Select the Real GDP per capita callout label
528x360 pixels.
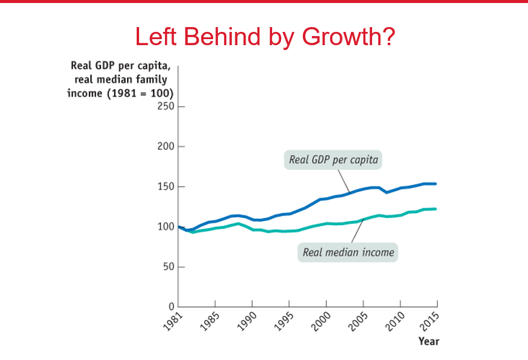(333, 160)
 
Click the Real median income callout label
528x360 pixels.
(348, 252)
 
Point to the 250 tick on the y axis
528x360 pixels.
(166, 107)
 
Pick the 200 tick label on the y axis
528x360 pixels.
(166, 147)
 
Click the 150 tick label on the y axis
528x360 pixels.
(166, 187)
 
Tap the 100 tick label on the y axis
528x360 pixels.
(166, 227)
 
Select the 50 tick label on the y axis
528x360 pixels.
(168, 267)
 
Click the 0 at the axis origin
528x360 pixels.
(172, 306)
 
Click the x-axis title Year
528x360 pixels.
(429, 341)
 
